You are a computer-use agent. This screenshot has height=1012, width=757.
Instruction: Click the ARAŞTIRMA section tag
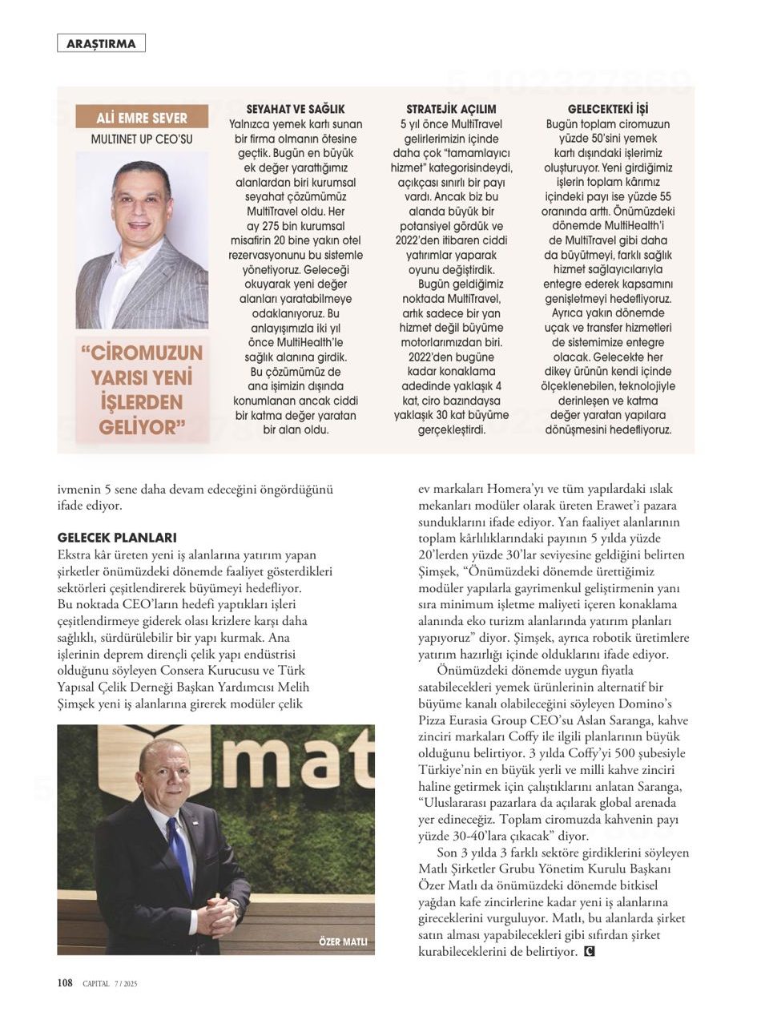click(x=101, y=43)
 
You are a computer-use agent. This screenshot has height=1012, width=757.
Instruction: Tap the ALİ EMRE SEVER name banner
click(x=142, y=118)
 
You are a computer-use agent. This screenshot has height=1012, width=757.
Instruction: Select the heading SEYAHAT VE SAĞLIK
click(x=296, y=109)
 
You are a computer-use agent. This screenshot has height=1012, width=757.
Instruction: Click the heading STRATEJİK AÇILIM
click(x=451, y=109)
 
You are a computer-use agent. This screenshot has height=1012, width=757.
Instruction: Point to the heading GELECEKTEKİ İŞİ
click(x=608, y=109)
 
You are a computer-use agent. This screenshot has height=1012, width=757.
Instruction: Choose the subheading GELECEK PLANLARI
click(x=117, y=538)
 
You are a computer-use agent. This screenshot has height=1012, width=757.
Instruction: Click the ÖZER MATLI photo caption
click(x=342, y=941)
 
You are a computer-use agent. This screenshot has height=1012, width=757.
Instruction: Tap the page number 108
click(x=65, y=983)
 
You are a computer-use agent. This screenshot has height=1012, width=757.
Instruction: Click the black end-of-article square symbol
click(x=590, y=952)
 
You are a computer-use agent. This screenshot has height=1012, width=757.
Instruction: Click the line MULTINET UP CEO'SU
click(x=142, y=139)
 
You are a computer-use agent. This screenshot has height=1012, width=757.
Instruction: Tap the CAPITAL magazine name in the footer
click(x=97, y=984)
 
